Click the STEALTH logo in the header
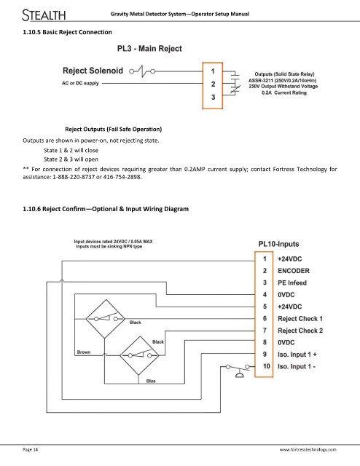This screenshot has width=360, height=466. tap(44, 15)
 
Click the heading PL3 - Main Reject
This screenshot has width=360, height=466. tap(149, 49)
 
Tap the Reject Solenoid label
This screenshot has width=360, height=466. tap(93, 71)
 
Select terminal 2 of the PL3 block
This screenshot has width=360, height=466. tap(213, 84)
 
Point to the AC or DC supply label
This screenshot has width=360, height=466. tap(80, 83)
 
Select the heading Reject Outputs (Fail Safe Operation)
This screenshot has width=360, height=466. tap(114, 130)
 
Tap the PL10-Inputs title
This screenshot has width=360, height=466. tap(278, 244)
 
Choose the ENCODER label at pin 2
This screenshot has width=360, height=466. tap(294, 271)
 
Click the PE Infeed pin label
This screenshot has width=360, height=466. tap(292, 283)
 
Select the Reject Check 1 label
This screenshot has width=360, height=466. tap(300, 319)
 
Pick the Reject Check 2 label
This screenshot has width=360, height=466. tap(300, 331)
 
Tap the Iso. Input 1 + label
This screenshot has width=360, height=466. tap(297, 355)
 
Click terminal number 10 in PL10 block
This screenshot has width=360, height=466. tap(266, 366)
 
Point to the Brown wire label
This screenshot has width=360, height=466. tap(84, 352)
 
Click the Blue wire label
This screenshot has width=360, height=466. tap(151, 381)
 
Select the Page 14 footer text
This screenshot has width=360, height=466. tap(31, 449)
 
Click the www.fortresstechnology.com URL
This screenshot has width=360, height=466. tap(308, 450)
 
